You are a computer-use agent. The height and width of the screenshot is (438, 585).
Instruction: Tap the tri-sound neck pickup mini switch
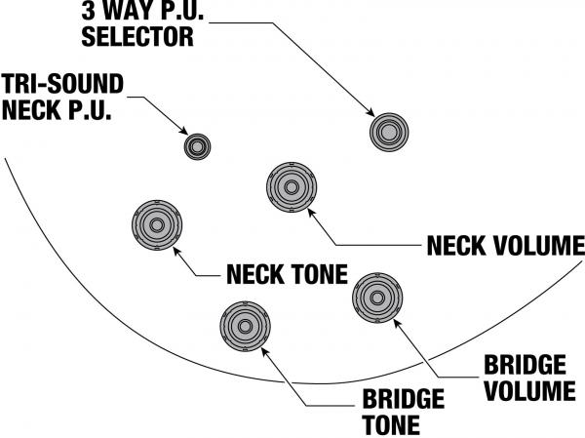pos(198,146)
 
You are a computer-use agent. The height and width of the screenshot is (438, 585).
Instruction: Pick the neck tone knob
pos(157,225)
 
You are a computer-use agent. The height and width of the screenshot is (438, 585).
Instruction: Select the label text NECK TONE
pos(287,274)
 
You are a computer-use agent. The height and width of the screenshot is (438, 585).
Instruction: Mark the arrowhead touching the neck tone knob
pos(178,250)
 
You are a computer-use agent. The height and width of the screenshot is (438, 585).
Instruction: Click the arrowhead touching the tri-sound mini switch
pos(185,134)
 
